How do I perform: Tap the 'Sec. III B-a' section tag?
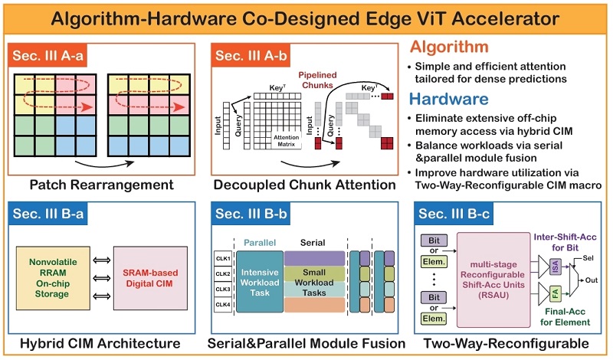click(x=52, y=214)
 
